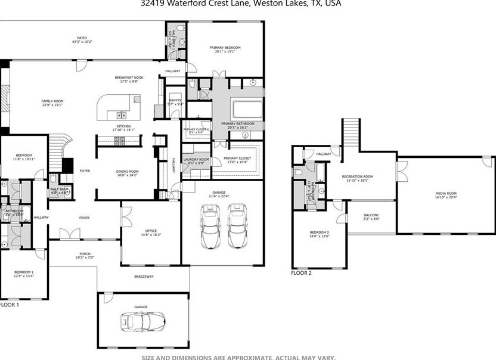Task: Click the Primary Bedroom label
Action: tap(225, 49)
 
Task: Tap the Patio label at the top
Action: tap(82, 39)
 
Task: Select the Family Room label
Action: tap(52, 103)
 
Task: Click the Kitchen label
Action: tap(123, 128)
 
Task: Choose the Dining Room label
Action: tap(126, 173)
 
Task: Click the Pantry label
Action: tap(175, 102)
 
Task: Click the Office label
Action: tap(151, 232)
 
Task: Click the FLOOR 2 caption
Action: tap(301, 273)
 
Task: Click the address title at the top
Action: tap(241, 4)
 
